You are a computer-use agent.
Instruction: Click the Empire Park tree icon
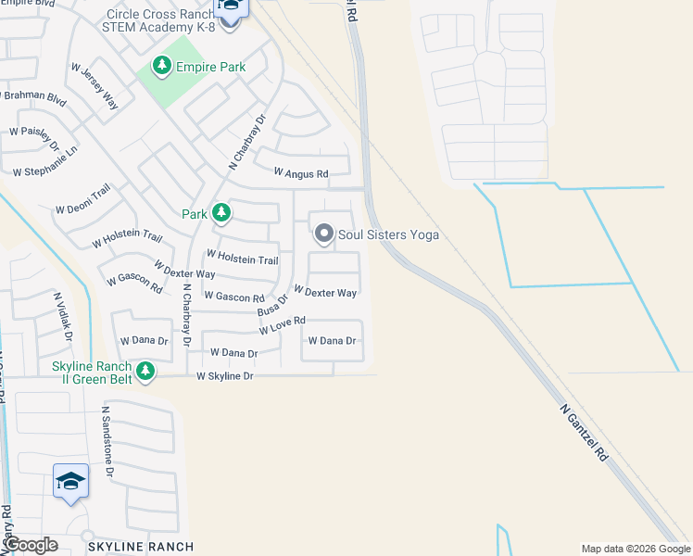(162, 66)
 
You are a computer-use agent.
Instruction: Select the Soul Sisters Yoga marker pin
(323, 234)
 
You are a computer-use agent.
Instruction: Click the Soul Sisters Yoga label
(387, 235)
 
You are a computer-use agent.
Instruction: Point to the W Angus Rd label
(301, 173)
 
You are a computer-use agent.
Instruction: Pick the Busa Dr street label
(273, 302)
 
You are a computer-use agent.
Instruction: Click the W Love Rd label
(283, 325)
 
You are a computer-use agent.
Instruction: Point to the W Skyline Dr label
(224, 376)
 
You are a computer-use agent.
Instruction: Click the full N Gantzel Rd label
(584, 432)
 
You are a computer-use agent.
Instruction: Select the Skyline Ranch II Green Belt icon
(145, 372)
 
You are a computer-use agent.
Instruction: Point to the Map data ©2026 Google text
(635, 549)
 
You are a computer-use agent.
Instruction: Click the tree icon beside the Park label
(220, 214)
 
